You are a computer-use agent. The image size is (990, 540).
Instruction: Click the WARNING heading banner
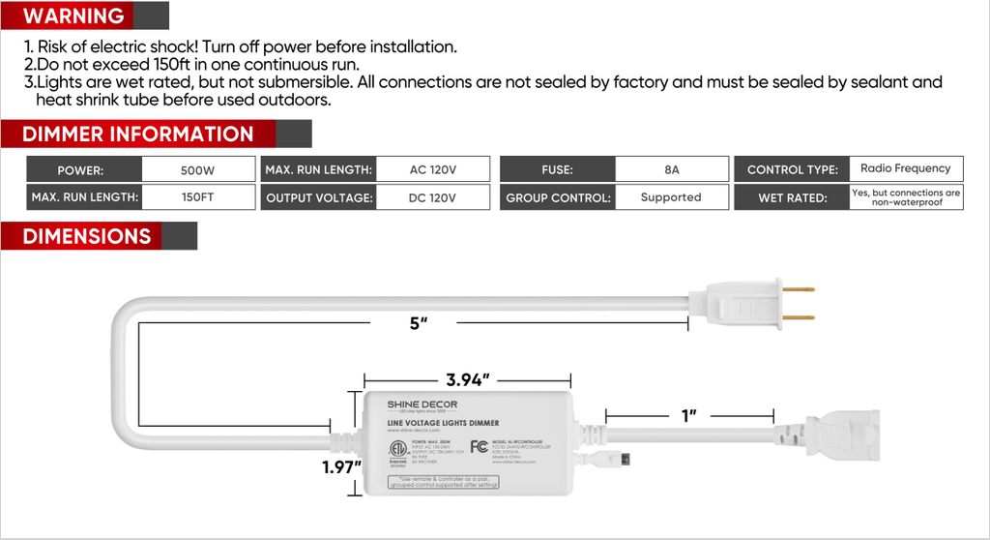pos(73,16)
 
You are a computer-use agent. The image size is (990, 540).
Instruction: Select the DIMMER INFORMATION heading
pos(137,135)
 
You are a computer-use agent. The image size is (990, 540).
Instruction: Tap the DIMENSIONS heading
pos(86,236)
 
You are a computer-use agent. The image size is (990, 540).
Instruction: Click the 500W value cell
pos(197,170)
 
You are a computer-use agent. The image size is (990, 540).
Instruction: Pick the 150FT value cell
pos(197,197)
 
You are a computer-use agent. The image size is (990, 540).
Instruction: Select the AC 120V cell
pos(432,170)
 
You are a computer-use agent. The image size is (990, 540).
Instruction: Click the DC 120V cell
pos(432,197)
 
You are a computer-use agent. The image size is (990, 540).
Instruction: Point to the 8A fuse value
pos(672,170)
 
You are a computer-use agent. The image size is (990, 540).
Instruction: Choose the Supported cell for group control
pos(670,197)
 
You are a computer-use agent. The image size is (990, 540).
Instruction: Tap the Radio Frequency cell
pos(905,168)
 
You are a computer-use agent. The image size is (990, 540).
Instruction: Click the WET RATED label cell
pos(792,198)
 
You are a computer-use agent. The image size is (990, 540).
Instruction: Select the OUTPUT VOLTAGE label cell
pos(318,198)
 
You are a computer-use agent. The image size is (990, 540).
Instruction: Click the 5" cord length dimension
pos(418,323)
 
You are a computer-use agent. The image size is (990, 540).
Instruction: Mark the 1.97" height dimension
pos(342,468)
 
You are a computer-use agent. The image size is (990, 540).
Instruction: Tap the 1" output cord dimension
pos(689,416)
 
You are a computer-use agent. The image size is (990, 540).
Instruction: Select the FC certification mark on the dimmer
pos(479,446)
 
